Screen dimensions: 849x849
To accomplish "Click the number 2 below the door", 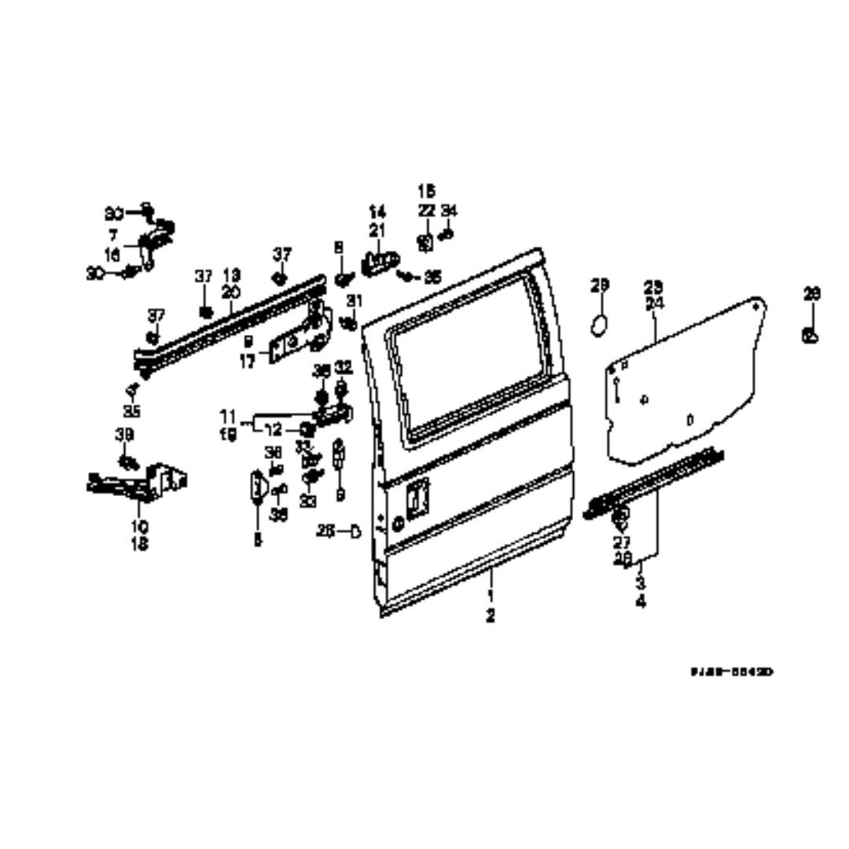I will (491, 616).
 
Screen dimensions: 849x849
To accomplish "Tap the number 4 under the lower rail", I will (641, 603).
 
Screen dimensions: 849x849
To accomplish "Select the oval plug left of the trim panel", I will (600, 324).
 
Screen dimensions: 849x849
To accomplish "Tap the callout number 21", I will (378, 230).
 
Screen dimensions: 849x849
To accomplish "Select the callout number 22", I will (426, 211).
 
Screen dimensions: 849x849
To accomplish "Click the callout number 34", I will (449, 211).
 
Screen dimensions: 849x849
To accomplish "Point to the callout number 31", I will (355, 300).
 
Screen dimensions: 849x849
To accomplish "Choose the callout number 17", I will (246, 364).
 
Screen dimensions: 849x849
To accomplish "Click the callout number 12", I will (273, 430).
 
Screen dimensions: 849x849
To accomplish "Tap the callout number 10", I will (139, 527).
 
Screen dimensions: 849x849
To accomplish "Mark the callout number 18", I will (139, 543).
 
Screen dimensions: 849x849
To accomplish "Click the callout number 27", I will (622, 542).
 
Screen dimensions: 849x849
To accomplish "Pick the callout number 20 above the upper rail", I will (230, 292).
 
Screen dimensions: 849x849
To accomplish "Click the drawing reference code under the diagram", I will (732, 672).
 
